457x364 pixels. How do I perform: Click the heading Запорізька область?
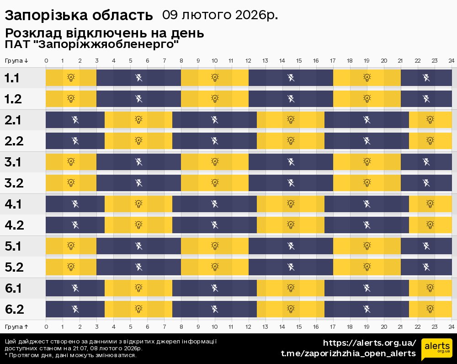coord(79,16)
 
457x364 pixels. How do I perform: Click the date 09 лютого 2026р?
coord(220,15)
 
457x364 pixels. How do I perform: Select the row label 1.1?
coord(12,78)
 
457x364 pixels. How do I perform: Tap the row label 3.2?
coord(14,183)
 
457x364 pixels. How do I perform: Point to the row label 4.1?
coord(14,204)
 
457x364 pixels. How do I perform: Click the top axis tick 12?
coord(248,60)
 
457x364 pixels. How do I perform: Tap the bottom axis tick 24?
coord(451,327)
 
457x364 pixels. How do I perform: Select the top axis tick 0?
coord(46,60)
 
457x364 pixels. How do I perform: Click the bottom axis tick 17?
coord(333,327)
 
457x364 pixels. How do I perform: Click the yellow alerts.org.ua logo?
coord(437,349)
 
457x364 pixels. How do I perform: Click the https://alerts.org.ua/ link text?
coord(369,343)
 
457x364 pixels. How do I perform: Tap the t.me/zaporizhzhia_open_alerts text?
coord(348,353)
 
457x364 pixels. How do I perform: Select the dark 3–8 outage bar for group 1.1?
coord(138,78)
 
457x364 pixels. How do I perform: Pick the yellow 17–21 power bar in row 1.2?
coord(367,99)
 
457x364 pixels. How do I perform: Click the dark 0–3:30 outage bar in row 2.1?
coord(75,120)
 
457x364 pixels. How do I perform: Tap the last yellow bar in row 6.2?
coord(430,309)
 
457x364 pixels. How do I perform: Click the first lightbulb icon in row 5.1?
coord(71,246)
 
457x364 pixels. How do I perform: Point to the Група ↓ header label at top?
coord(17,60)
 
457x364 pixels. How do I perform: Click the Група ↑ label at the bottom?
coord(17,327)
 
